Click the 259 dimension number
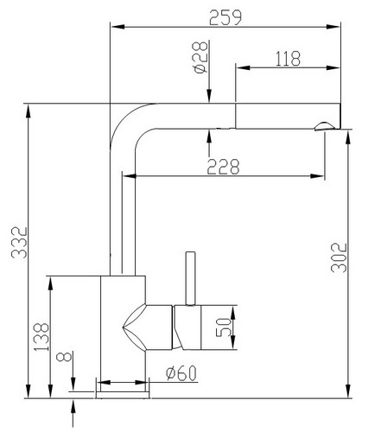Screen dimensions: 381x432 [225, 18]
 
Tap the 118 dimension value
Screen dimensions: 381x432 [288, 59]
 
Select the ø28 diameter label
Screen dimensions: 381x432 [200, 57]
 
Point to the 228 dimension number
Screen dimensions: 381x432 [223, 167]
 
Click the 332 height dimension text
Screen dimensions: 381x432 [19, 243]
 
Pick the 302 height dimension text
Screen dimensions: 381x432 [339, 258]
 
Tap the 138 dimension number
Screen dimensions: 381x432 [41, 337]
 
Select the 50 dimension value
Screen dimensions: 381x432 [224, 327]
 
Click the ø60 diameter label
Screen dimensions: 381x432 [181, 373]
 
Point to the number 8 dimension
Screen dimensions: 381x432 [64, 357]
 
